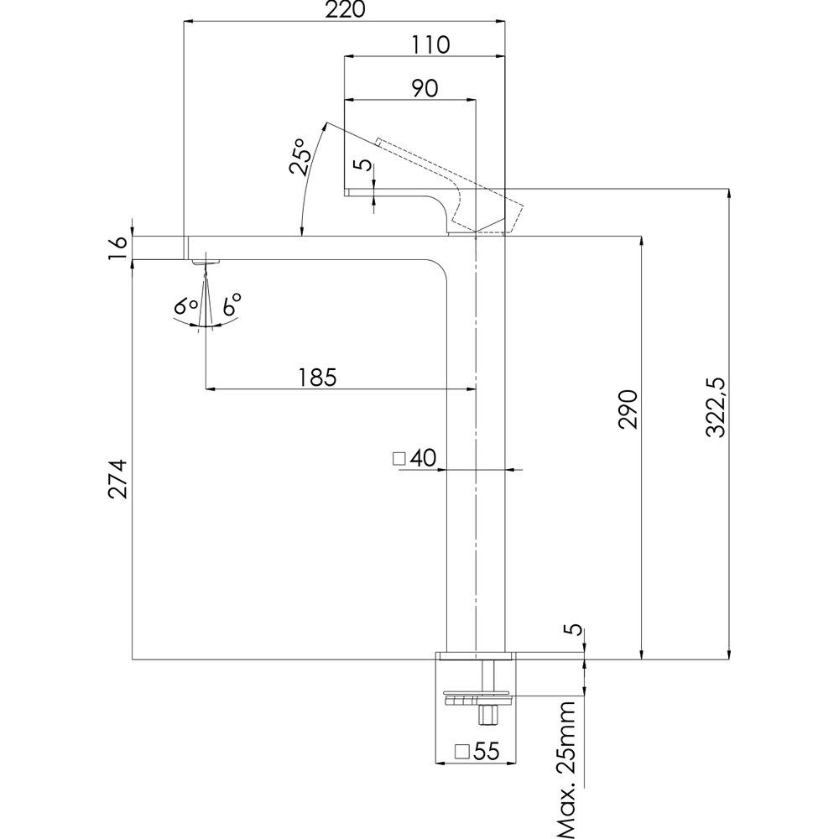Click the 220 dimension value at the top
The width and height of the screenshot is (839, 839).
(345, 11)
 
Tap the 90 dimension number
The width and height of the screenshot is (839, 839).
(424, 87)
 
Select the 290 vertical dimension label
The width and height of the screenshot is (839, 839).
(628, 409)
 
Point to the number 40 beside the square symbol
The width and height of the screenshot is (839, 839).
(424, 458)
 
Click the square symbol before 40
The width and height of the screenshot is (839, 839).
(399, 458)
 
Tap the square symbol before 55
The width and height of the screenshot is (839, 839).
(461, 752)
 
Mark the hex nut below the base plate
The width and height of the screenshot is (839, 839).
(486, 714)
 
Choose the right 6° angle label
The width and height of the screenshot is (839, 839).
(231, 304)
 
